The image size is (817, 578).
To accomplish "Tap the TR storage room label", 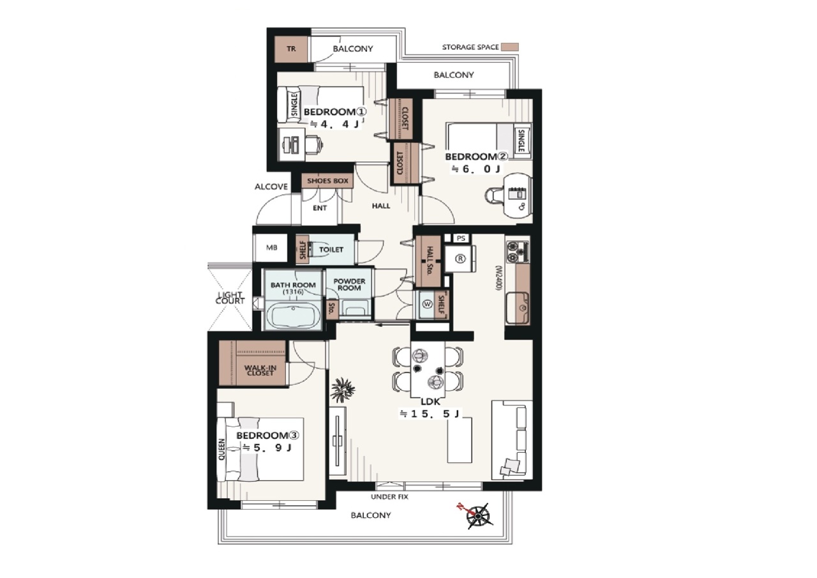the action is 291,49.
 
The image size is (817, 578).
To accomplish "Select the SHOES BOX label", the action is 327,181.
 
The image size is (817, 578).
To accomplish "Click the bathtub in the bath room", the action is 293,316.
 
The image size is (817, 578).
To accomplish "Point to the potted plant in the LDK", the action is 342,390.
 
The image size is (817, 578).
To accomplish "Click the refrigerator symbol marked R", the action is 460,259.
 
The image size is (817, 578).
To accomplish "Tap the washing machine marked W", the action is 428,304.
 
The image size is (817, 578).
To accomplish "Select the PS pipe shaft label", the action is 461,238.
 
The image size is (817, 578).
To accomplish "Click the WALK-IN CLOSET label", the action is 260,370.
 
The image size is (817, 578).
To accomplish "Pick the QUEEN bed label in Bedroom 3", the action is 221,450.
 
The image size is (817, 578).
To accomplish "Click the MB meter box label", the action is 272,248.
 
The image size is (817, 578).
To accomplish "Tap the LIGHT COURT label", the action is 230,298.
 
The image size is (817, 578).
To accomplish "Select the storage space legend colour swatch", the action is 510,47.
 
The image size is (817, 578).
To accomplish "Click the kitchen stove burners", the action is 517,252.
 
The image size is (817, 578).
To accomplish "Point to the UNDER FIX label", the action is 389,497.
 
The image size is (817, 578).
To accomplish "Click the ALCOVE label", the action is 271,186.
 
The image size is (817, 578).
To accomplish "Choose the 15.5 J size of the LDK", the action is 430,414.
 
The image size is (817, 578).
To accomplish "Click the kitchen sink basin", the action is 518,308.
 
